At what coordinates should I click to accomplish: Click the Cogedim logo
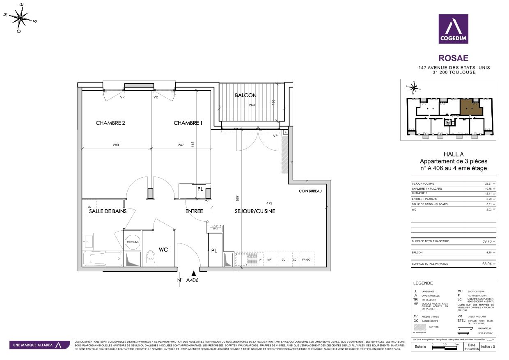[453, 29]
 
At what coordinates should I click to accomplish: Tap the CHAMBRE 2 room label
[110, 123]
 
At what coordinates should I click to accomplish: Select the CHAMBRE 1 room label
[188, 123]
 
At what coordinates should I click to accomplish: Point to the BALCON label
[245, 95]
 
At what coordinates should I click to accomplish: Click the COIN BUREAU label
[310, 191]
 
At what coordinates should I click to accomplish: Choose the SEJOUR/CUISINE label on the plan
[255, 211]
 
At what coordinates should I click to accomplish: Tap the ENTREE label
[194, 211]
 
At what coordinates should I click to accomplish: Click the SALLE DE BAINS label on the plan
[108, 211]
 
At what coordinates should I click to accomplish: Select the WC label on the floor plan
[163, 249]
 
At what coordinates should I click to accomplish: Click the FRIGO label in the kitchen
[306, 260]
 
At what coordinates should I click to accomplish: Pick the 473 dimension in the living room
[269, 203]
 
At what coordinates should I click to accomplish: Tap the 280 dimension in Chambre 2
[116, 145]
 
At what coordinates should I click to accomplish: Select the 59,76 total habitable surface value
[486, 241]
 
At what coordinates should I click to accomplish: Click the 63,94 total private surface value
[486, 264]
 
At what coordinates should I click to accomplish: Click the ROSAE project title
[453, 58]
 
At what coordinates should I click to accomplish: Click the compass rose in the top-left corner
[20, 18]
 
